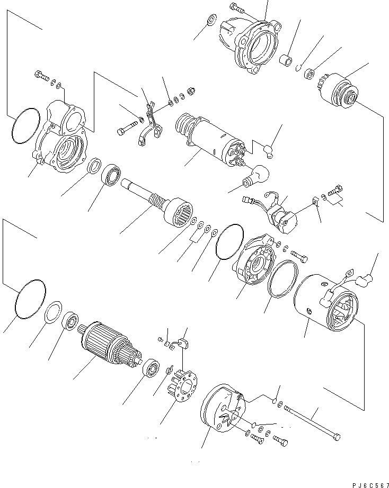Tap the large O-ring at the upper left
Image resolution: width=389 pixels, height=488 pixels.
tap(26, 126)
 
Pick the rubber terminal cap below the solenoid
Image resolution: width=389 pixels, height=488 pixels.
tap(258, 175)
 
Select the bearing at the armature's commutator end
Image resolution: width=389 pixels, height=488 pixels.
tap(152, 367)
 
